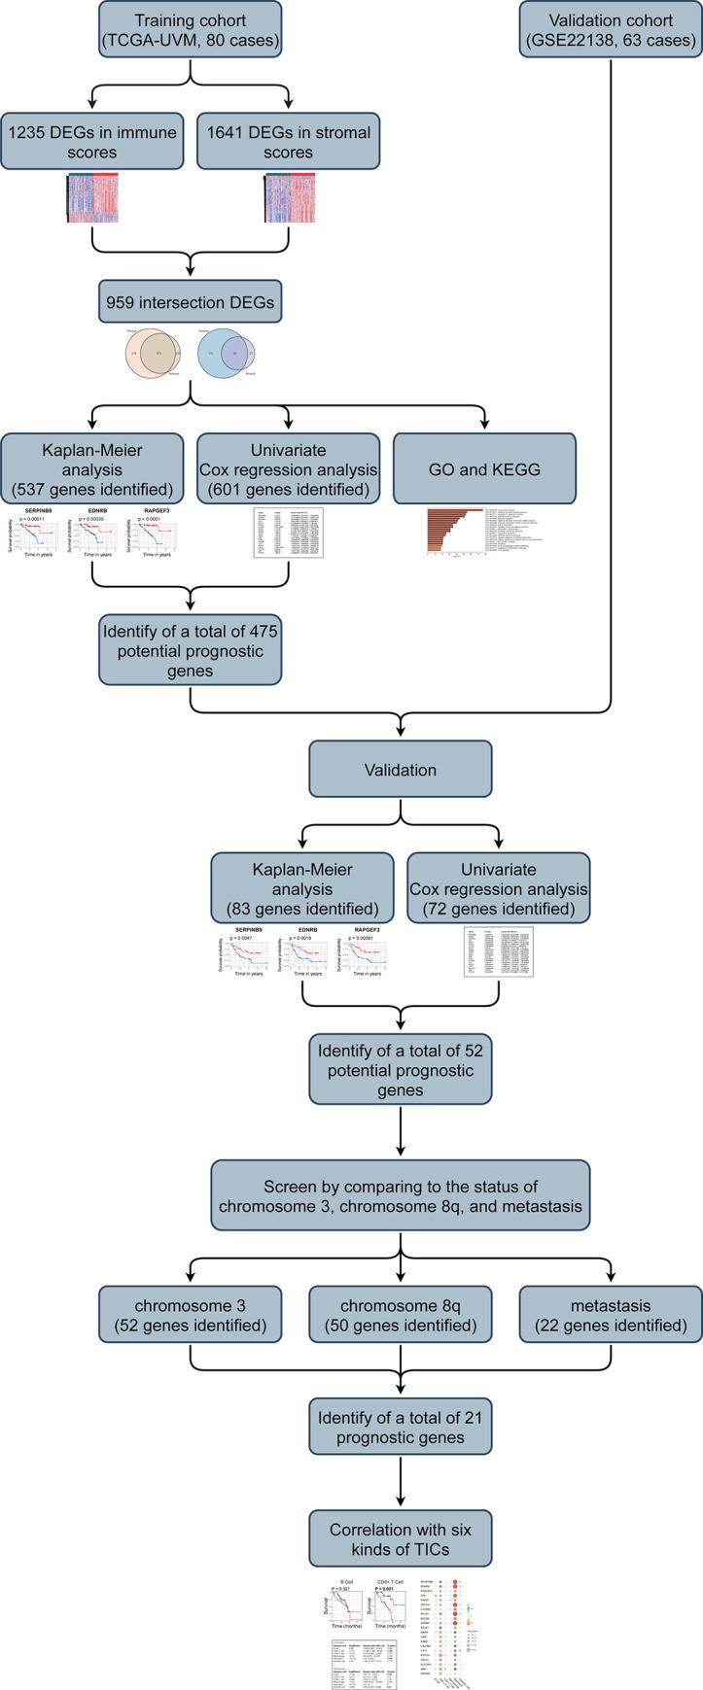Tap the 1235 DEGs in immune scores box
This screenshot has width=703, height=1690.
[93, 142]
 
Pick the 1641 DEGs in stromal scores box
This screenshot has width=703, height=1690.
[287, 142]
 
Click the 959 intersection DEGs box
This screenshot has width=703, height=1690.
[191, 302]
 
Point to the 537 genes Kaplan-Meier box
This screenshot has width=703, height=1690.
[92, 467]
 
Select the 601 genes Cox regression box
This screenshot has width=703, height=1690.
[288, 467]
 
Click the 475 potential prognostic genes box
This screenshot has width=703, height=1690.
[191, 649]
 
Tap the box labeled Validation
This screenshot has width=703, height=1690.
[400, 770]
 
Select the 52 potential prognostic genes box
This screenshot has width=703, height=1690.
[400, 1070]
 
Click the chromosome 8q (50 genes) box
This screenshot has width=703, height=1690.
[402, 1314]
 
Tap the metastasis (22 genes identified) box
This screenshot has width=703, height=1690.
[611, 1314]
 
